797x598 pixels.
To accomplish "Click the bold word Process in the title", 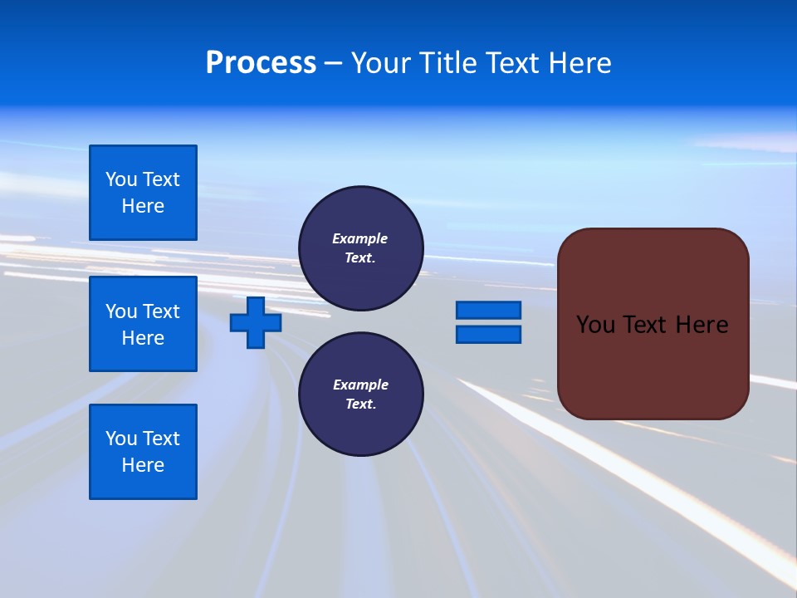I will tap(261, 63).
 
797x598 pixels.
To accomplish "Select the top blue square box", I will tap(143, 193).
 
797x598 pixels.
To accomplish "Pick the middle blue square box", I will tap(143, 324).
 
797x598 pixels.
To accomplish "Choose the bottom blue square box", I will tap(143, 452).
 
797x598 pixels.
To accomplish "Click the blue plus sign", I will tap(256, 322).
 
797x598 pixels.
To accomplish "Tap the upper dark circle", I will tap(360, 248).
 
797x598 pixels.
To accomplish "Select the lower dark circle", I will tap(360, 394).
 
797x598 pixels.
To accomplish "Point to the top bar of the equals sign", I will tap(488, 310).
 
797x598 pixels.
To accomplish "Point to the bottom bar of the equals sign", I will tap(488, 334).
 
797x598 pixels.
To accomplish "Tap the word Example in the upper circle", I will tap(359, 238).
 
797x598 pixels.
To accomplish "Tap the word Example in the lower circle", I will tap(360, 385).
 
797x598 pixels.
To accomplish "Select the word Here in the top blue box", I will tap(143, 206).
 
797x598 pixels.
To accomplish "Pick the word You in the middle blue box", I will tap(120, 311).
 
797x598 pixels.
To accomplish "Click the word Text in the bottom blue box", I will tap(160, 439).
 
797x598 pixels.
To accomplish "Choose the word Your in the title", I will tap(381, 63).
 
